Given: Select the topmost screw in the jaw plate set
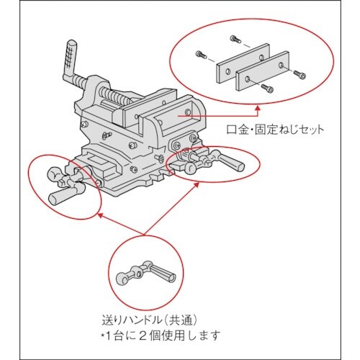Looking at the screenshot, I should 234,37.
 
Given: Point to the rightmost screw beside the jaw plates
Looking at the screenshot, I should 300,73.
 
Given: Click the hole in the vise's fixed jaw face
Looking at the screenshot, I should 189,113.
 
